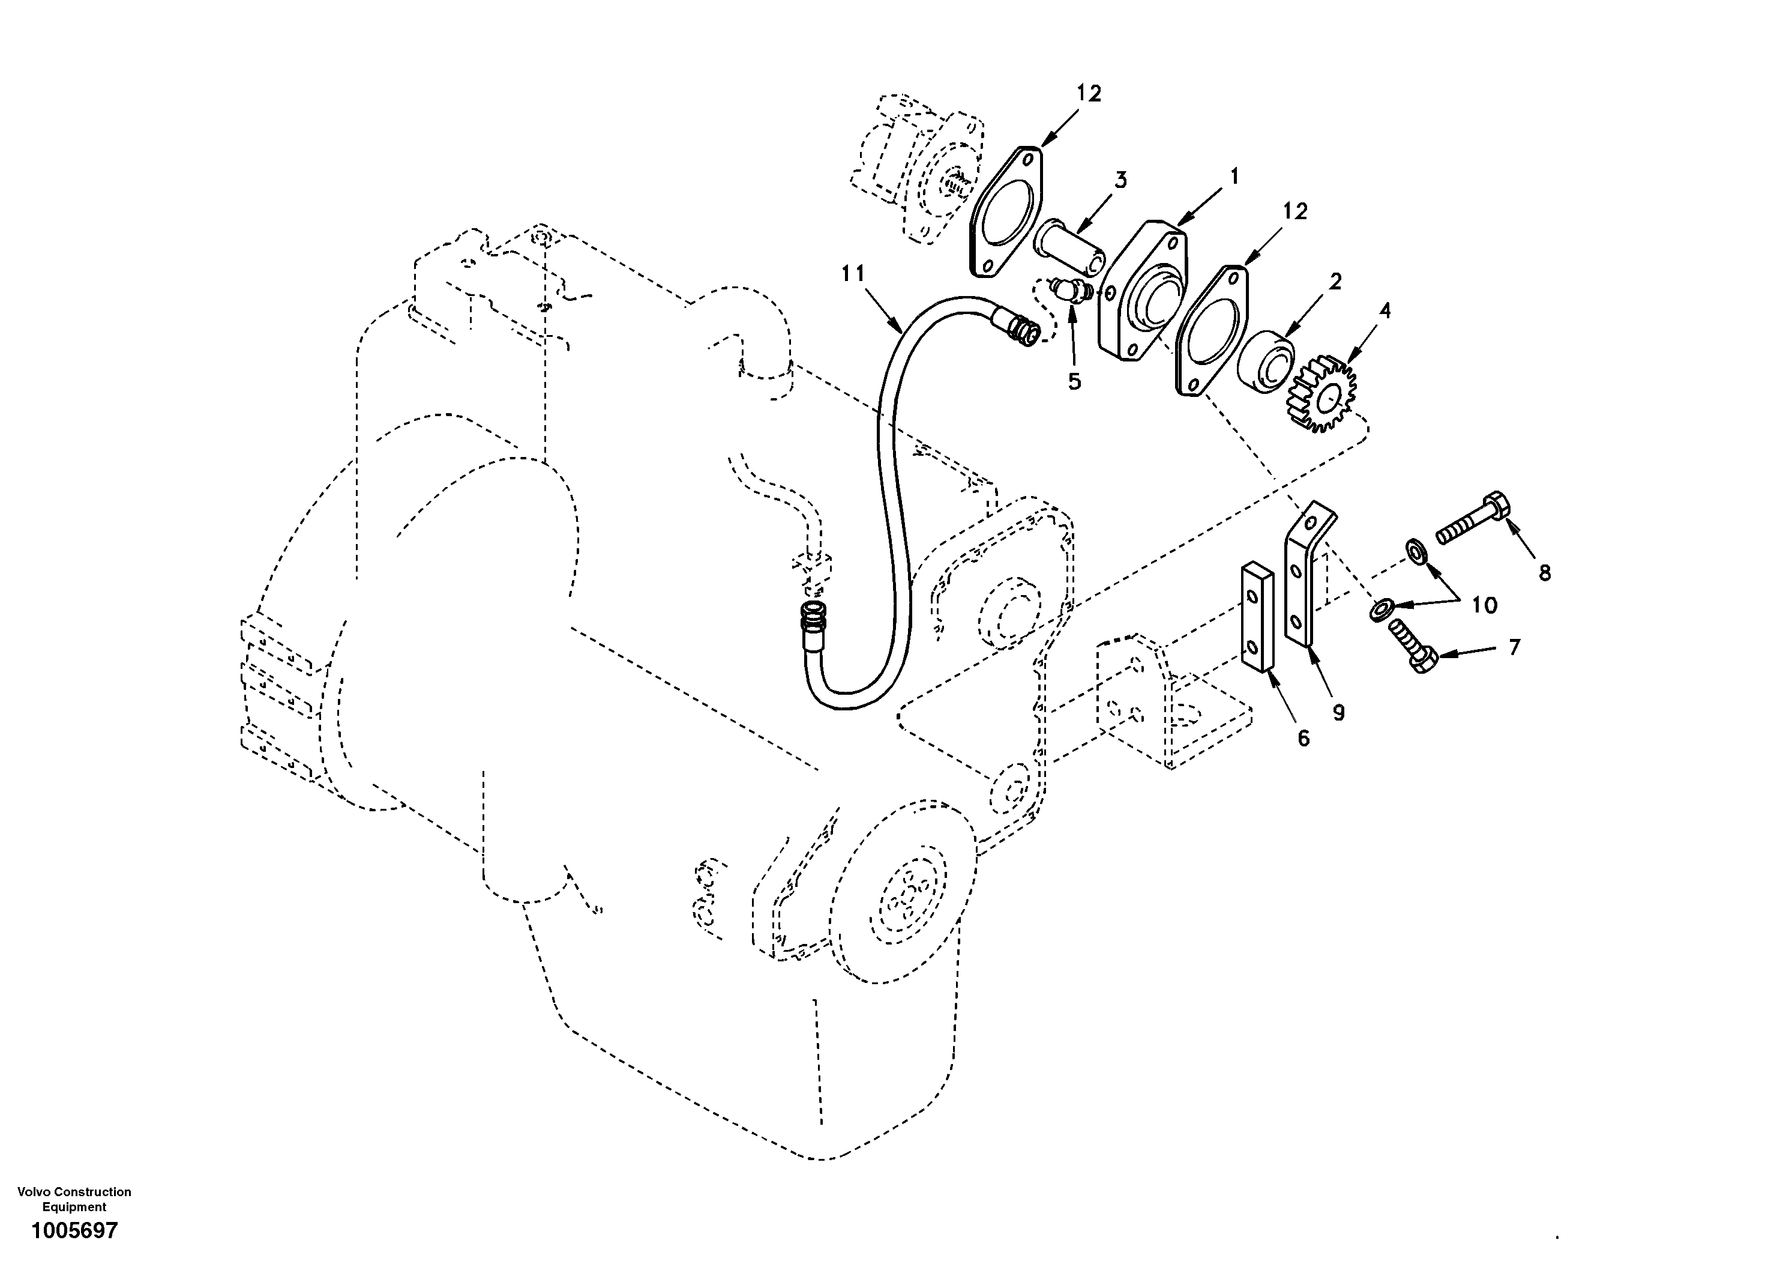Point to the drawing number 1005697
(x=74, y=1230)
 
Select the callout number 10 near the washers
(x=1484, y=605)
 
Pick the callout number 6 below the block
(x=1303, y=738)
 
